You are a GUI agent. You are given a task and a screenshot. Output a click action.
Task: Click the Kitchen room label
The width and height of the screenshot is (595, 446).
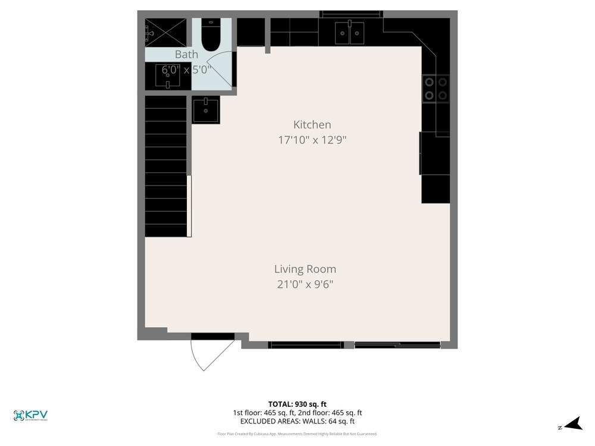pos(312,125)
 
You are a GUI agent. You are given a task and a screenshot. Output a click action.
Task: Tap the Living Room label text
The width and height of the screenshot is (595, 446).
pos(305,269)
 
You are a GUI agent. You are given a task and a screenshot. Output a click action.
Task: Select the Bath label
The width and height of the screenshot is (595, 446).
pos(186,55)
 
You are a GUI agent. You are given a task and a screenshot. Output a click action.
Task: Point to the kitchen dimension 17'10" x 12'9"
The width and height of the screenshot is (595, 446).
pos(312,140)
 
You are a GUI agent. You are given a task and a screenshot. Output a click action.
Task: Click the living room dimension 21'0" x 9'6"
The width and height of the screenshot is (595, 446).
pos(305,285)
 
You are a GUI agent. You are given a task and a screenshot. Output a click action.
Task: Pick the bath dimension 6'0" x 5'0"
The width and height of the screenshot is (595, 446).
pos(187,70)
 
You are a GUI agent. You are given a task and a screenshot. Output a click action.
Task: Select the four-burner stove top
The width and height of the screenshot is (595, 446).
pos(435,88)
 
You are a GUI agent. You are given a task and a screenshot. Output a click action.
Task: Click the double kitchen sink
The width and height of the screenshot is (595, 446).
pos(349,33)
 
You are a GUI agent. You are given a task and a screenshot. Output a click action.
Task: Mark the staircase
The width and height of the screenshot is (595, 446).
pos(166,167)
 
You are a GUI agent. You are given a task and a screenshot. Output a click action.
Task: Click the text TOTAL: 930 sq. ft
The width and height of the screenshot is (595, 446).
pos(297,404)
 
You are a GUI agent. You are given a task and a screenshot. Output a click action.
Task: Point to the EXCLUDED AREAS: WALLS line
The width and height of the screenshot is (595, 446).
pos(297,421)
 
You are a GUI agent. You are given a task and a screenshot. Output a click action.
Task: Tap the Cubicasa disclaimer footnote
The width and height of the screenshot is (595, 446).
pos(297,434)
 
